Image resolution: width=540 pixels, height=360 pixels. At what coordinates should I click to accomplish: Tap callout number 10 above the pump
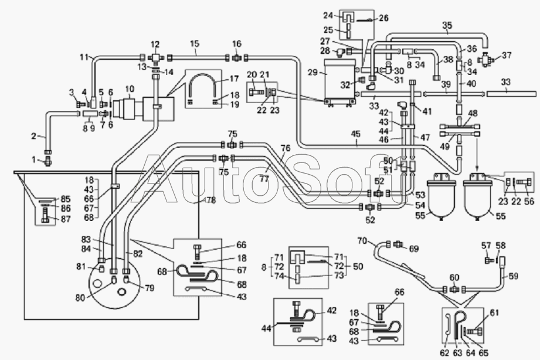tap(129, 90)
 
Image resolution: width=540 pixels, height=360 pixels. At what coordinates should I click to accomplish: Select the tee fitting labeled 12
tap(155, 58)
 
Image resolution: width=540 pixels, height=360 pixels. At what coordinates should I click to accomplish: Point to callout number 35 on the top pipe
tap(447, 25)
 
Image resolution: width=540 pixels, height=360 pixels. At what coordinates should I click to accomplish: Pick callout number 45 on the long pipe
tap(356, 134)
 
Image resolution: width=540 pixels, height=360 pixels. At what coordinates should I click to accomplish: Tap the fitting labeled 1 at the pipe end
tap(47, 161)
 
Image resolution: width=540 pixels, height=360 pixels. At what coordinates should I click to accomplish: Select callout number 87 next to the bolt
tap(66, 219)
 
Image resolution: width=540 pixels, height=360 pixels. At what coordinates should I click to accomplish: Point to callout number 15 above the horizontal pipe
tap(194, 44)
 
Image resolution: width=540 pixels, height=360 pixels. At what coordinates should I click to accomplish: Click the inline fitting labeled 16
tap(237, 57)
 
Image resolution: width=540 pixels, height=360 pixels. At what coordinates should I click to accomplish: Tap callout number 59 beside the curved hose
tap(513, 276)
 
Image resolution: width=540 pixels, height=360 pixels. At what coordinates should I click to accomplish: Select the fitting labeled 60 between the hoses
tap(454, 288)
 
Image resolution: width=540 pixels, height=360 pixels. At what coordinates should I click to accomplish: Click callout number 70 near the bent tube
tap(362, 240)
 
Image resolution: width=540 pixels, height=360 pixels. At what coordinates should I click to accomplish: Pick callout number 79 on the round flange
tap(149, 288)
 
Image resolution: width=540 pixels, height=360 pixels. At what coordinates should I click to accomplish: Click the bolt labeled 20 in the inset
tap(256, 91)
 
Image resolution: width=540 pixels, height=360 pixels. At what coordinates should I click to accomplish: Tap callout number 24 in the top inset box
tap(328, 15)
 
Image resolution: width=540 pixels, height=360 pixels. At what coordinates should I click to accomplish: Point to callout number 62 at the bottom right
tap(444, 352)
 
